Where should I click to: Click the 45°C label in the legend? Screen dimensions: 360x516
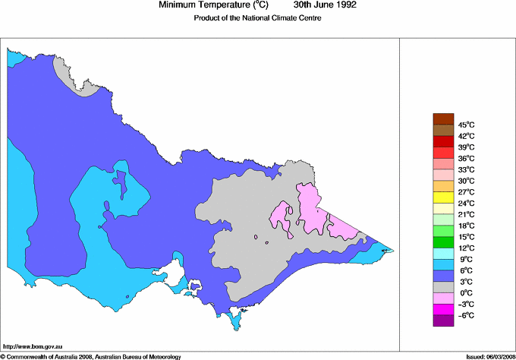466,125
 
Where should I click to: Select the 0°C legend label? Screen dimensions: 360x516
466,293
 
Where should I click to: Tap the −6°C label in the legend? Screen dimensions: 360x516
466,315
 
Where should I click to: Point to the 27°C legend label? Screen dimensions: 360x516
466,192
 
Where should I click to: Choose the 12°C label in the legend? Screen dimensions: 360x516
466,248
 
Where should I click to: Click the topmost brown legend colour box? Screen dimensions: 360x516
442,118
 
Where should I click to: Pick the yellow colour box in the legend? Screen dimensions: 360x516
442,197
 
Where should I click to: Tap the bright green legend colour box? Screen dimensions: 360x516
442,242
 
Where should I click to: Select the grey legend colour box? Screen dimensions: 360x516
442,287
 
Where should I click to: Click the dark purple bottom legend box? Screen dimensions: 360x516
442,321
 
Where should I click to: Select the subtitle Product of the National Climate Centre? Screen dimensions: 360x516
258,18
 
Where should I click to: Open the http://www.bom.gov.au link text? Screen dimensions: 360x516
30,346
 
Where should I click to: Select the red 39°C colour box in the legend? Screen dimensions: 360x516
442,141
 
